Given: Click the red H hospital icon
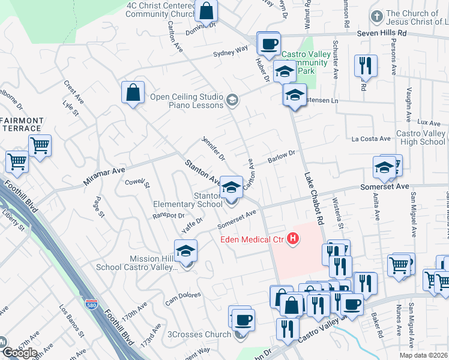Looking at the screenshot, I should (x=293, y=239).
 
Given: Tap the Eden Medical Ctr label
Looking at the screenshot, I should (x=252, y=240).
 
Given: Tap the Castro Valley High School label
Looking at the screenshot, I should (x=420, y=137).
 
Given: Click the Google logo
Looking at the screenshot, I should (x=19, y=353).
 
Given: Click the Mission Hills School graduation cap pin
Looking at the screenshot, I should (x=186, y=251).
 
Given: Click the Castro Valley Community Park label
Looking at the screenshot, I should (x=304, y=62).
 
